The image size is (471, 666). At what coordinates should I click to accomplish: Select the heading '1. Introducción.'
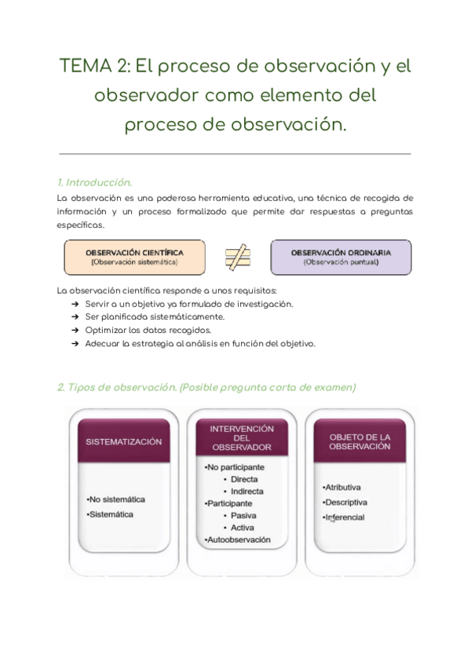[x=94, y=182]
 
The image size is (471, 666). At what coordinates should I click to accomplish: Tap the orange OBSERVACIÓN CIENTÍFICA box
[x=134, y=257]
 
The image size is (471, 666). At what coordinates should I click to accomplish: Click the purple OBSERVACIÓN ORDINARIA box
[x=340, y=257]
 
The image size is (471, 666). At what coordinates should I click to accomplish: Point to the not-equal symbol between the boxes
[x=237, y=257]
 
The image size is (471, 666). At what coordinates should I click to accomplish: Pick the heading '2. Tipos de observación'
[x=132, y=387]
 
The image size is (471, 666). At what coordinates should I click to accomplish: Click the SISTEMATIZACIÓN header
[x=123, y=441]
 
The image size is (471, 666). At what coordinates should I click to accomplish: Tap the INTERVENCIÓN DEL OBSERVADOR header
[x=242, y=438]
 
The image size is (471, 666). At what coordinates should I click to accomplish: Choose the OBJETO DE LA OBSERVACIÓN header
[x=360, y=441]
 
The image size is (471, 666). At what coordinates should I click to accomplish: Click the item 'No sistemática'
[x=117, y=499]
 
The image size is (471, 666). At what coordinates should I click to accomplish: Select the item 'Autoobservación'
[x=238, y=540]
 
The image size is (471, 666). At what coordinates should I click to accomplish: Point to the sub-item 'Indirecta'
[x=246, y=492]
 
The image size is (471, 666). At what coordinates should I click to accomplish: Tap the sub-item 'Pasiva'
[x=243, y=516]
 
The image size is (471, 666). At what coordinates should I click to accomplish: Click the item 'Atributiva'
[x=343, y=488]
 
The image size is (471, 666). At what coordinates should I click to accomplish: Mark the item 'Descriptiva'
[x=345, y=503]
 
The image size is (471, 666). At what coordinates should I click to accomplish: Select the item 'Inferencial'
[x=345, y=518]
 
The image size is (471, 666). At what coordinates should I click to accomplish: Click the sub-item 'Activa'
[x=243, y=528]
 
